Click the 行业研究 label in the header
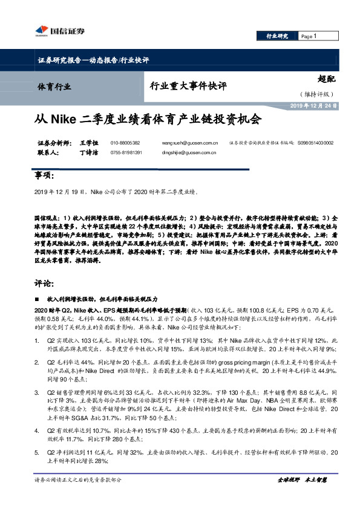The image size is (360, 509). coord(278,36)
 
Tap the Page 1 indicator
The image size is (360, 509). coord(309,36)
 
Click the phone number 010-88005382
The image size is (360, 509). coord(125,143)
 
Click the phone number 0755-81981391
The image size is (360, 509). coord(126,153)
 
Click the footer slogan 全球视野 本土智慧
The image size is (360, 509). coord(302,496)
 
